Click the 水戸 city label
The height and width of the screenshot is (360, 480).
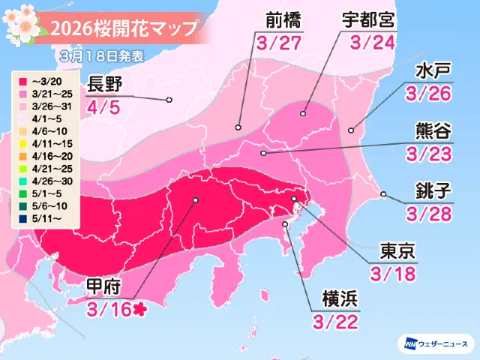[x=432, y=72]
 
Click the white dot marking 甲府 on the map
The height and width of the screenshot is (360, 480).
[x=196, y=200]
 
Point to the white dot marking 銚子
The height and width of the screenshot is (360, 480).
[x=383, y=195]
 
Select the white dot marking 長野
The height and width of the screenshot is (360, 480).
[x=169, y=99]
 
